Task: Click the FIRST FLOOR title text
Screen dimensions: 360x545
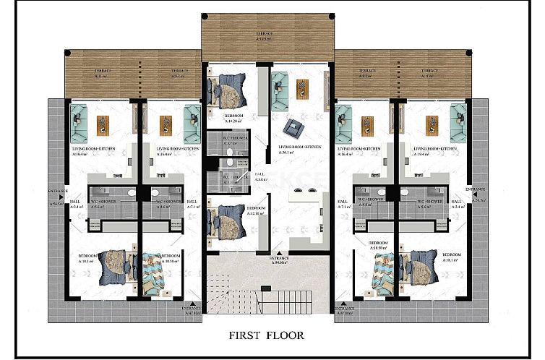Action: (x=266, y=335)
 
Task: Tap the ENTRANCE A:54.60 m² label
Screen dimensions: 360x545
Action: (x=280, y=260)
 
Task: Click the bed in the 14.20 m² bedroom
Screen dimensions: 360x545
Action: (x=226, y=93)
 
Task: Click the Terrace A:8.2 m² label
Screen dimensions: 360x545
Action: (x=366, y=74)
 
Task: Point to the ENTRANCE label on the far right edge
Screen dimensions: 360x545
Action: (x=476, y=191)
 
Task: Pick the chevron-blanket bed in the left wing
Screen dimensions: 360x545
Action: (x=155, y=273)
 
